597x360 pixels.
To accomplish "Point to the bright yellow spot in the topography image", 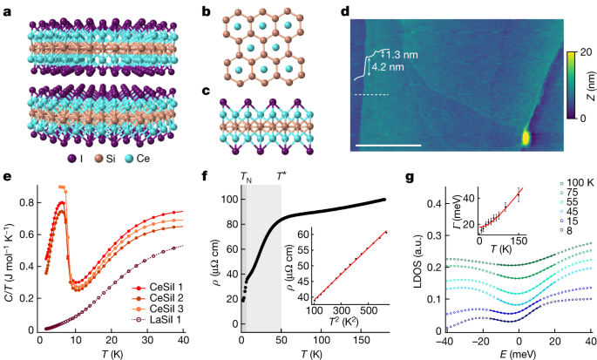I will (x=527, y=138).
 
